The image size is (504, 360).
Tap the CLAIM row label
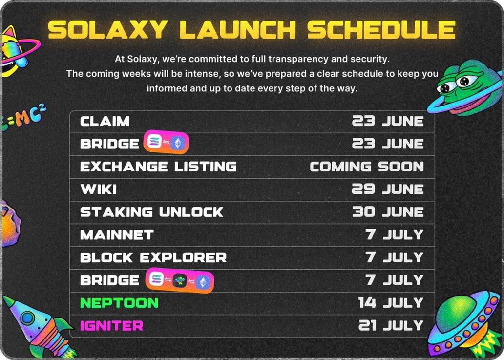point(105,121)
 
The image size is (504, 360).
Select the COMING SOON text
point(367,167)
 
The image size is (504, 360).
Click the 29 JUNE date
point(388,190)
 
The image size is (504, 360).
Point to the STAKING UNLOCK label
point(151,212)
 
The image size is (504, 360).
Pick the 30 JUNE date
point(388,212)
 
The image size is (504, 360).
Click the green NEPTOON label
point(119,303)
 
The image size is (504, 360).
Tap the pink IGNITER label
point(111,326)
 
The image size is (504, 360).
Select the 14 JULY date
point(391,303)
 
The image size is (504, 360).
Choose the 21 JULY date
point(391,326)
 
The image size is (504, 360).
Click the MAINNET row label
point(117,235)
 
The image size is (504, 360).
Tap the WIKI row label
point(98,190)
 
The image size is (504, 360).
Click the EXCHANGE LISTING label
point(158,167)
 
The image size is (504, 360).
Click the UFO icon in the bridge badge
point(180,281)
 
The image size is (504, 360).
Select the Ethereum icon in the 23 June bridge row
point(177,143)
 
